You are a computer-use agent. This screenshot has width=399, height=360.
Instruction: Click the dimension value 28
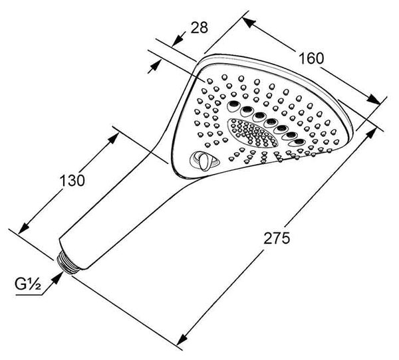pyautogui.click(x=199, y=27)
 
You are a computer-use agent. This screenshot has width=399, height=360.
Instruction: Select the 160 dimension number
pyautogui.click(x=311, y=58)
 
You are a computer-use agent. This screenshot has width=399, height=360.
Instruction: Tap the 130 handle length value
pyautogui.click(x=72, y=181)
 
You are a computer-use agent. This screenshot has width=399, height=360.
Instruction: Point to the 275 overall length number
pyautogui.click(x=277, y=238)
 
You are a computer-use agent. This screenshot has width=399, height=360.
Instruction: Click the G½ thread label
pyautogui.click(x=28, y=284)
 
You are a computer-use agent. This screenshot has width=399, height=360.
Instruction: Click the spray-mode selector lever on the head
pyautogui.click(x=204, y=161)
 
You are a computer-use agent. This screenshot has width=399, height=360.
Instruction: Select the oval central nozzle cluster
pyautogui.click(x=253, y=134)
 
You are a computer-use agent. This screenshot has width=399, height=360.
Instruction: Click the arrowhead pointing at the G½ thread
pyautogui.click(x=57, y=278)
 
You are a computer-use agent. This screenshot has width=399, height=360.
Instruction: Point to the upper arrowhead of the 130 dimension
pyautogui.click(x=113, y=137)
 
